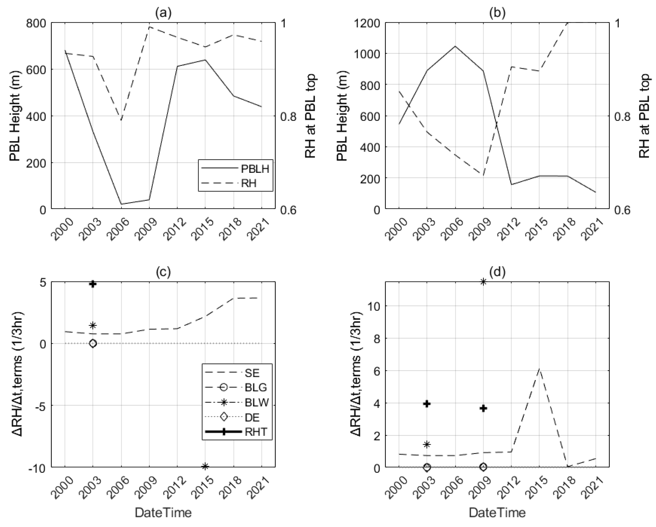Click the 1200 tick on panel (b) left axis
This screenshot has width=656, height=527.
367,23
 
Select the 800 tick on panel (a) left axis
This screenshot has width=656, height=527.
36,23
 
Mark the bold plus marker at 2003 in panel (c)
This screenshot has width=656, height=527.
93,284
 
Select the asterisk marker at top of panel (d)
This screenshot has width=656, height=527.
483,282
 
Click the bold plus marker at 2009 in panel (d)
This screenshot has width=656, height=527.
483,408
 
